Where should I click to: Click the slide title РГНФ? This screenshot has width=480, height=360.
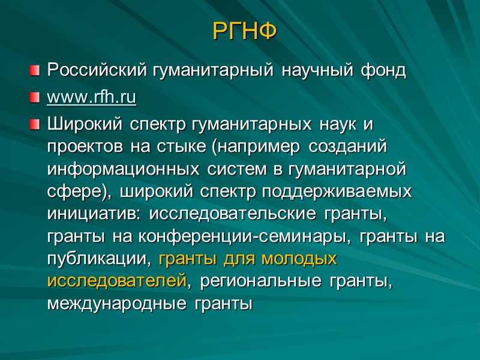(x=245, y=31)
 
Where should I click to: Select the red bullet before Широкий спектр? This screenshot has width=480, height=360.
(x=37, y=125)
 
